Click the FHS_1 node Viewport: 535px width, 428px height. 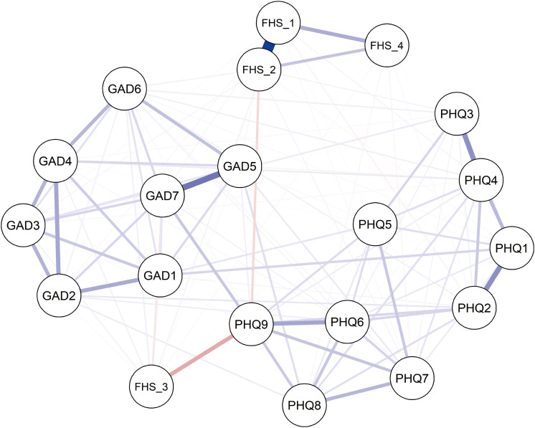(x=278, y=23)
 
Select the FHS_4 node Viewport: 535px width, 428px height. (x=387, y=45)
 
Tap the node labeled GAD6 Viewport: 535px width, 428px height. (x=125, y=89)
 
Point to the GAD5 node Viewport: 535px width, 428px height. (x=240, y=166)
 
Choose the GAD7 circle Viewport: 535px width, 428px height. (x=162, y=196)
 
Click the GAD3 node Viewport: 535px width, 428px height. (x=23, y=225)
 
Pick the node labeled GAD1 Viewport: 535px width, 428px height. (x=160, y=275)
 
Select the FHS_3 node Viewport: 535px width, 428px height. (x=151, y=386)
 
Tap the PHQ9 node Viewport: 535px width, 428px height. (x=252, y=324)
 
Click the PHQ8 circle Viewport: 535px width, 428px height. (x=304, y=405)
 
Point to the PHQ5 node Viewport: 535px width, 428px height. (x=375, y=224)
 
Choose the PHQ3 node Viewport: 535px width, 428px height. (x=457, y=113)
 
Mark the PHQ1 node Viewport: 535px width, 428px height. (x=511, y=248)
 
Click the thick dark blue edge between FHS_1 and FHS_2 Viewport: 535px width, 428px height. (x=268, y=47)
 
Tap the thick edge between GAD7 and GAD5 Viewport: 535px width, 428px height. (x=201, y=181)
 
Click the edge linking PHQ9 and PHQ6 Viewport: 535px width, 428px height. (x=299, y=323)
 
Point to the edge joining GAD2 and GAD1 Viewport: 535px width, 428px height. (x=110, y=285)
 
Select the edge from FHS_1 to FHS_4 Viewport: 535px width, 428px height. (x=332, y=34)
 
